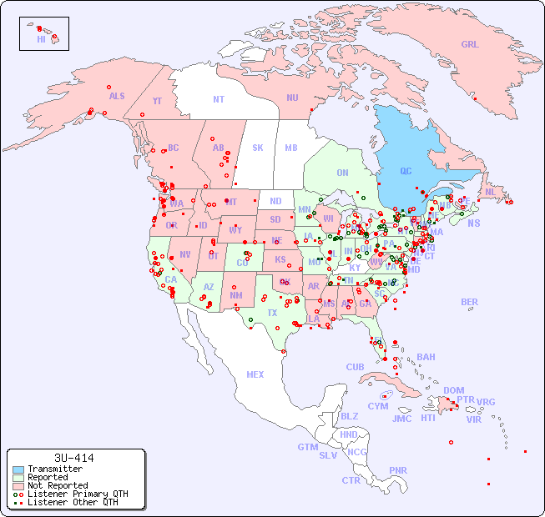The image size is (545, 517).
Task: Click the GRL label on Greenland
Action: coord(470,45)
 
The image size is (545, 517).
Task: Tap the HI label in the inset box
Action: coord(41,39)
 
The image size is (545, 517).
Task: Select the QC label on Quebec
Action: coord(406,171)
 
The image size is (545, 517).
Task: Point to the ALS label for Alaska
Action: coord(117,96)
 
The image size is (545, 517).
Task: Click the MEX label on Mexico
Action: coord(255,374)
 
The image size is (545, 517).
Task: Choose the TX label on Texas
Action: coord(272,313)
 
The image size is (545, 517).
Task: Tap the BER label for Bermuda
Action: coord(470,302)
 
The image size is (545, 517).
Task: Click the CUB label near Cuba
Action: coord(355,367)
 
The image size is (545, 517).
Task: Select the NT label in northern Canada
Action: coord(219,99)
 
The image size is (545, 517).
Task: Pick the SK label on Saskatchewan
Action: coord(258,148)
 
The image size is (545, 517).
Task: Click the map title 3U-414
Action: coord(74,458)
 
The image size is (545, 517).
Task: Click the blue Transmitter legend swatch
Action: coord(18,469)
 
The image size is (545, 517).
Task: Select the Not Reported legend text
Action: coord(58,485)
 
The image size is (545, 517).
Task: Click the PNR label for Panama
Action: coord(398,470)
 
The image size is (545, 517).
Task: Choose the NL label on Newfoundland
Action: coord(491,192)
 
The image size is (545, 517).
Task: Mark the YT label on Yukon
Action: coord(157,101)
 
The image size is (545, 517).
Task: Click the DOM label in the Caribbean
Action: coord(453,390)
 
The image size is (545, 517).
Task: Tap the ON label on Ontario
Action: coord(342,173)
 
